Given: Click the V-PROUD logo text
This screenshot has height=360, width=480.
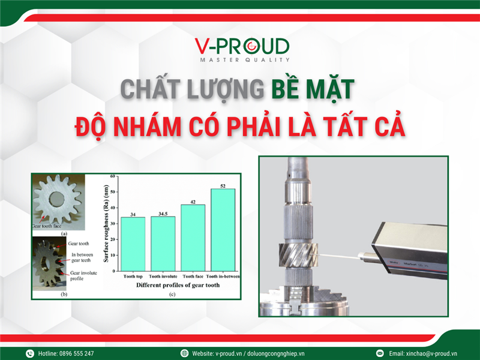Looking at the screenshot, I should pyautogui.click(x=241, y=46).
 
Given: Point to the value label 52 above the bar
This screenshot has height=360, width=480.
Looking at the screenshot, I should pyautogui.click(x=223, y=185).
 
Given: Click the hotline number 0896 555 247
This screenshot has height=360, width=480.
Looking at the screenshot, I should pyautogui.click(x=75, y=353).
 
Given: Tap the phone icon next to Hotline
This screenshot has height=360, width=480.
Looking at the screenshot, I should pyautogui.click(x=29, y=353).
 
